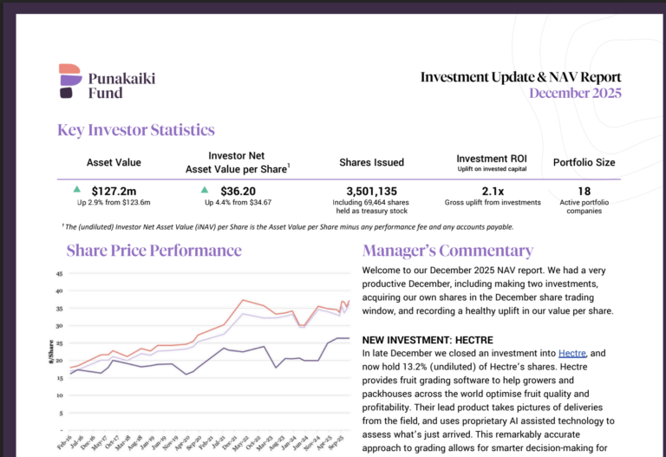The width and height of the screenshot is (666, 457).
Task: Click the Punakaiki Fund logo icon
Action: click(70, 82)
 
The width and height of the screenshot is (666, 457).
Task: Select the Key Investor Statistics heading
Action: click(136, 131)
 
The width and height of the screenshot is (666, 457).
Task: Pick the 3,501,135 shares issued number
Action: click(371, 191)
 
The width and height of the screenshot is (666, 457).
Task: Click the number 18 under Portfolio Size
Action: click(584, 191)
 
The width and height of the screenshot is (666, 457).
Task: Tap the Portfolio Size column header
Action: click(584, 162)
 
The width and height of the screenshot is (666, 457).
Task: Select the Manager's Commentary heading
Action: click(447, 251)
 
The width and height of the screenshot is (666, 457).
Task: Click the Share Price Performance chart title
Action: click(154, 251)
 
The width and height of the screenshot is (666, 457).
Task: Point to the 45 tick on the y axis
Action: click(60, 273)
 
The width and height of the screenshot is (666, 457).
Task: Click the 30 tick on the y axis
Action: click(60, 327)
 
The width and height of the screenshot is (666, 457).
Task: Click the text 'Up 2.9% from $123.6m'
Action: click(114, 203)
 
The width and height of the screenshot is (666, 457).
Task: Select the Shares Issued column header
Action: click(371, 162)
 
